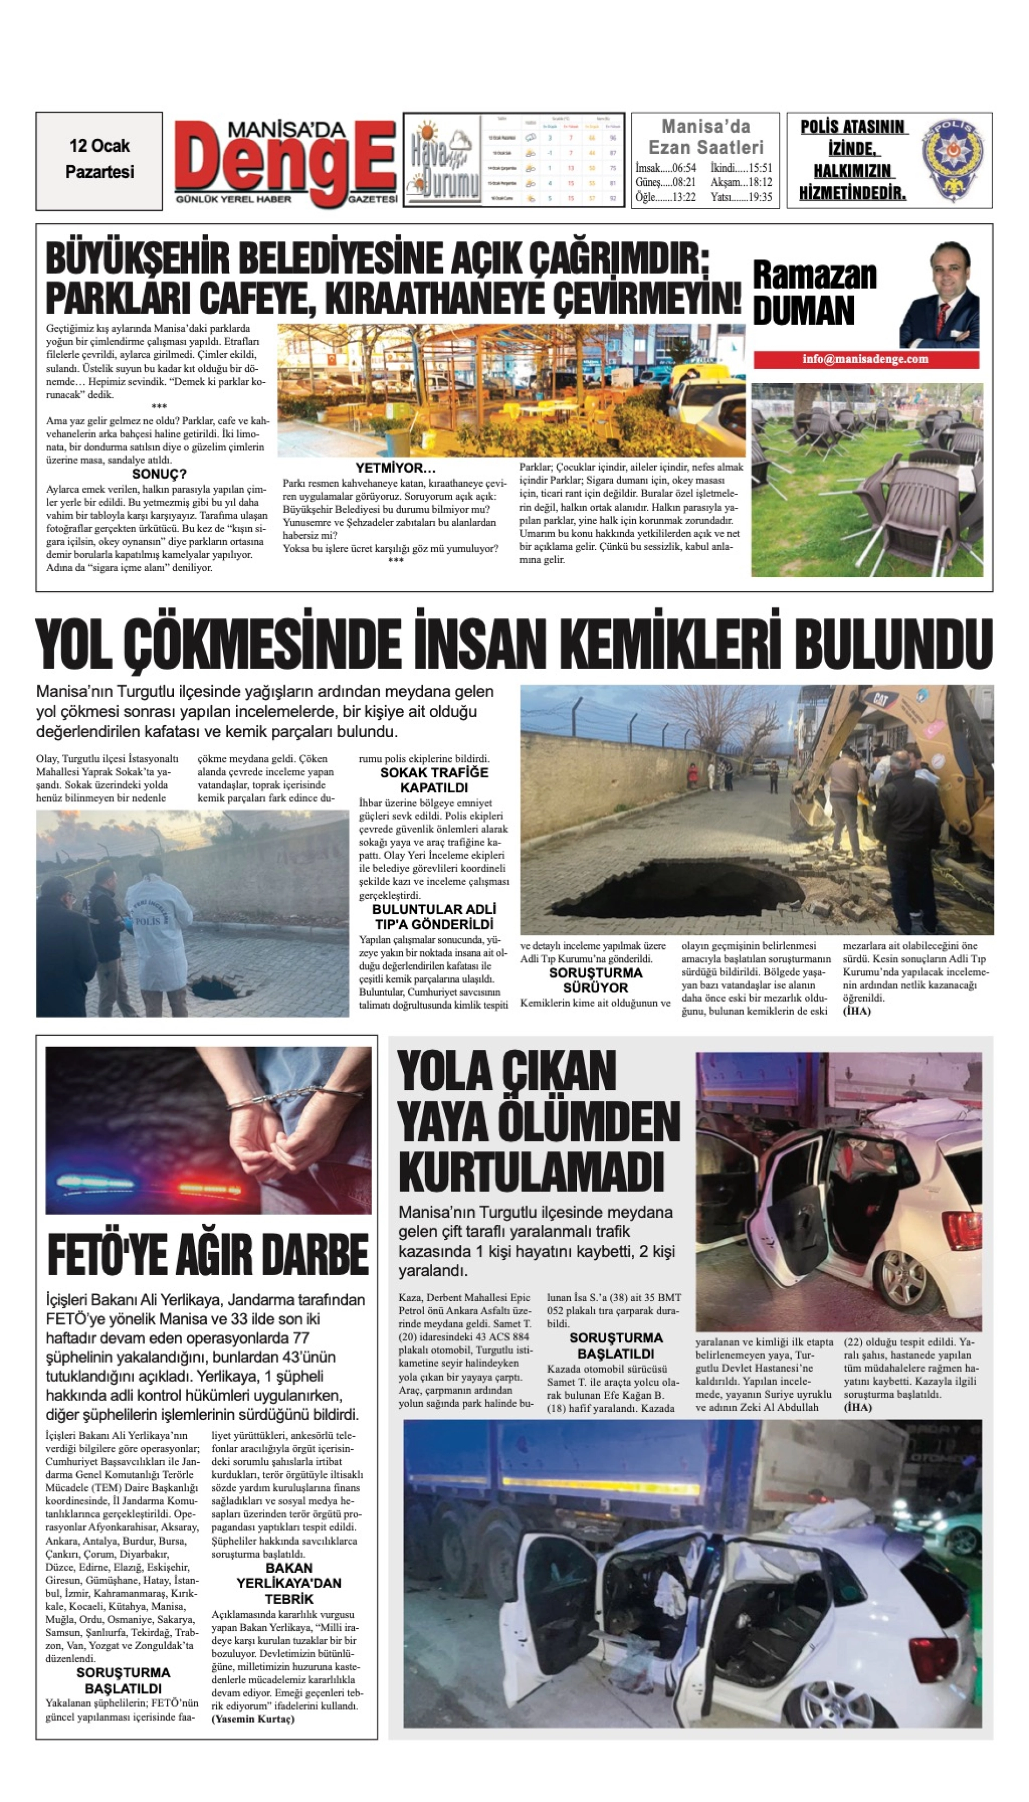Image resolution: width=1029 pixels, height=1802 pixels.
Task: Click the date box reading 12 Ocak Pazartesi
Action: coord(99,160)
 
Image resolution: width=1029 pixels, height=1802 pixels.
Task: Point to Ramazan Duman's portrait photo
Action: coord(939,297)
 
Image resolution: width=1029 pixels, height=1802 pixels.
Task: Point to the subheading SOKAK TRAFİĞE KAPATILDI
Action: coord(434,780)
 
